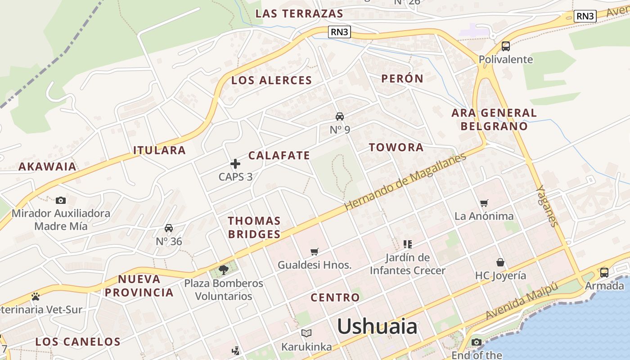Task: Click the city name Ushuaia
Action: pos(377,326)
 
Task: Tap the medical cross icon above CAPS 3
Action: pos(235,164)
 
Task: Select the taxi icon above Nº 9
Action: pos(340,117)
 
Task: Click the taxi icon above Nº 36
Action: pos(169,228)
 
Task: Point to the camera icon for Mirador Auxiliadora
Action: pos(61,200)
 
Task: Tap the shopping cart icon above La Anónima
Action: pos(484,203)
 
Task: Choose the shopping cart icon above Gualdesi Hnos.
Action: pos(315,252)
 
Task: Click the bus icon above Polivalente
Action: pos(505,46)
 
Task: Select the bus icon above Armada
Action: pos(604,272)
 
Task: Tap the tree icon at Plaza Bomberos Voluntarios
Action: pos(223,270)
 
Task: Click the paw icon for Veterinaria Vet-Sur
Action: pos(36,297)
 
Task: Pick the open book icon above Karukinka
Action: pos(306,333)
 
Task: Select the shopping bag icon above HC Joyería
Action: pos(500,262)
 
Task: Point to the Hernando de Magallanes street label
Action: pos(405,182)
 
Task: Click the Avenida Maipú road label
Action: pos(522,301)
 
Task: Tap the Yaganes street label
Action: pos(548,206)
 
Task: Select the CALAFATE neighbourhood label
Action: pos(279,156)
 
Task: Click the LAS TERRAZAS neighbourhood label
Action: pos(299,13)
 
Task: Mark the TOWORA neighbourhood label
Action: pos(396,147)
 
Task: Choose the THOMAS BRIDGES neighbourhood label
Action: pos(254,227)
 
